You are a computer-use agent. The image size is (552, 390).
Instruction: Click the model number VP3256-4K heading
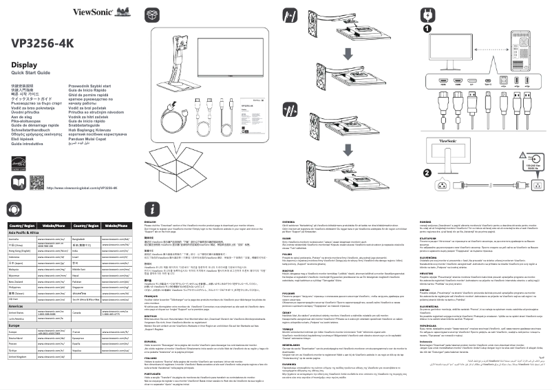[42, 43]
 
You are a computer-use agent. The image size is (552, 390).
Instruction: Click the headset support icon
[15, 209]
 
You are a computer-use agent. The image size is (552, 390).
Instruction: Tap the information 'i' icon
[151, 210]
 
